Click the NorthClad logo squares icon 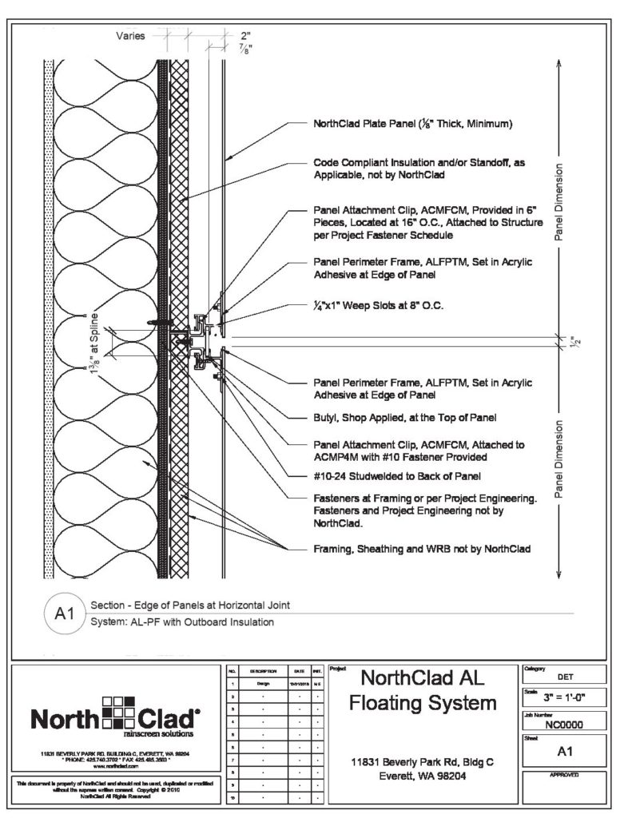(x=119, y=713)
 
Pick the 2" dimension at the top (x=245, y=36)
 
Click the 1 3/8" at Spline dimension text (x=104, y=342)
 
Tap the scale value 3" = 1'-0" (x=563, y=698)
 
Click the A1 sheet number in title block (x=563, y=751)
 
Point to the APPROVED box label (x=563, y=776)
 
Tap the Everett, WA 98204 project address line (x=423, y=776)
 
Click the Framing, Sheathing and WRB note (x=421, y=550)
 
